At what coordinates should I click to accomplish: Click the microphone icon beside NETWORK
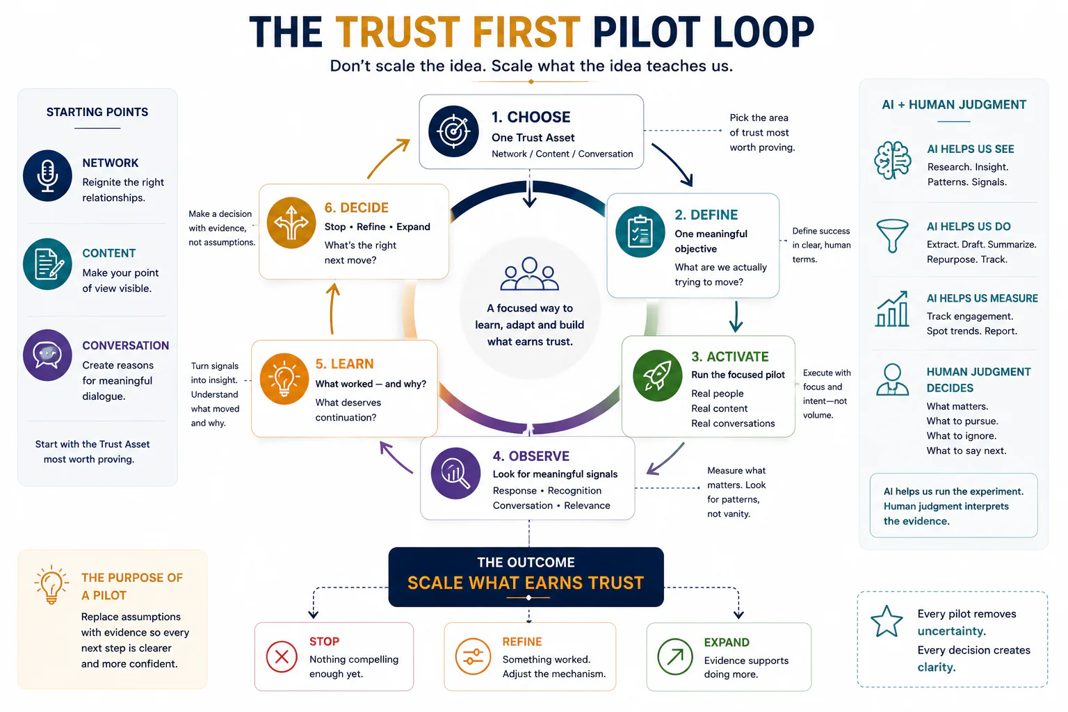(x=47, y=176)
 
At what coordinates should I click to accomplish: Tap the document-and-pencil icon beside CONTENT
(x=47, y=264)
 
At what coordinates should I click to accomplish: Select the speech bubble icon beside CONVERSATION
(x=47, y=355)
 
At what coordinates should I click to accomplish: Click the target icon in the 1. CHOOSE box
(x=453, y=131)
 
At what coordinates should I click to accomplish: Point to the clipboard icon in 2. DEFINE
(x=640, y=232)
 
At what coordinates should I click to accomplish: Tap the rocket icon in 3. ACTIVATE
(x=658, y=375)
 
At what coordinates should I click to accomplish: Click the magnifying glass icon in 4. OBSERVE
(x=456, y=473)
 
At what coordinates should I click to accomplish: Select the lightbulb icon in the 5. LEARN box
(x=284, y=379)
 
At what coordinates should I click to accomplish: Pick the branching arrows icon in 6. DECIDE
(x=291, y=222)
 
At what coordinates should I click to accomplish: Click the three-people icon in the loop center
(x=529, y=274)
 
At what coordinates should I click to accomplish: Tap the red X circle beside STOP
(x=282, y=656)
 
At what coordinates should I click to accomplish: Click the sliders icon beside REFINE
(x=473, y=656)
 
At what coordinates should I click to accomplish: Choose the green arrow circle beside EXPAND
(x=674, y=656)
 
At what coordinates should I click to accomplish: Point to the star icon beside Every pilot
(x=887, y=622)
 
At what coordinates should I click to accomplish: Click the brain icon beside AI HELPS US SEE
(x=893, y=160)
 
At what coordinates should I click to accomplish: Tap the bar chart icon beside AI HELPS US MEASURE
(x=892, y=309)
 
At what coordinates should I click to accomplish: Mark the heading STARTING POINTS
(x=97, y=112)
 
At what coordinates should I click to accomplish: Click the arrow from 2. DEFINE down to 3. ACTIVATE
(x=736, y=316)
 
